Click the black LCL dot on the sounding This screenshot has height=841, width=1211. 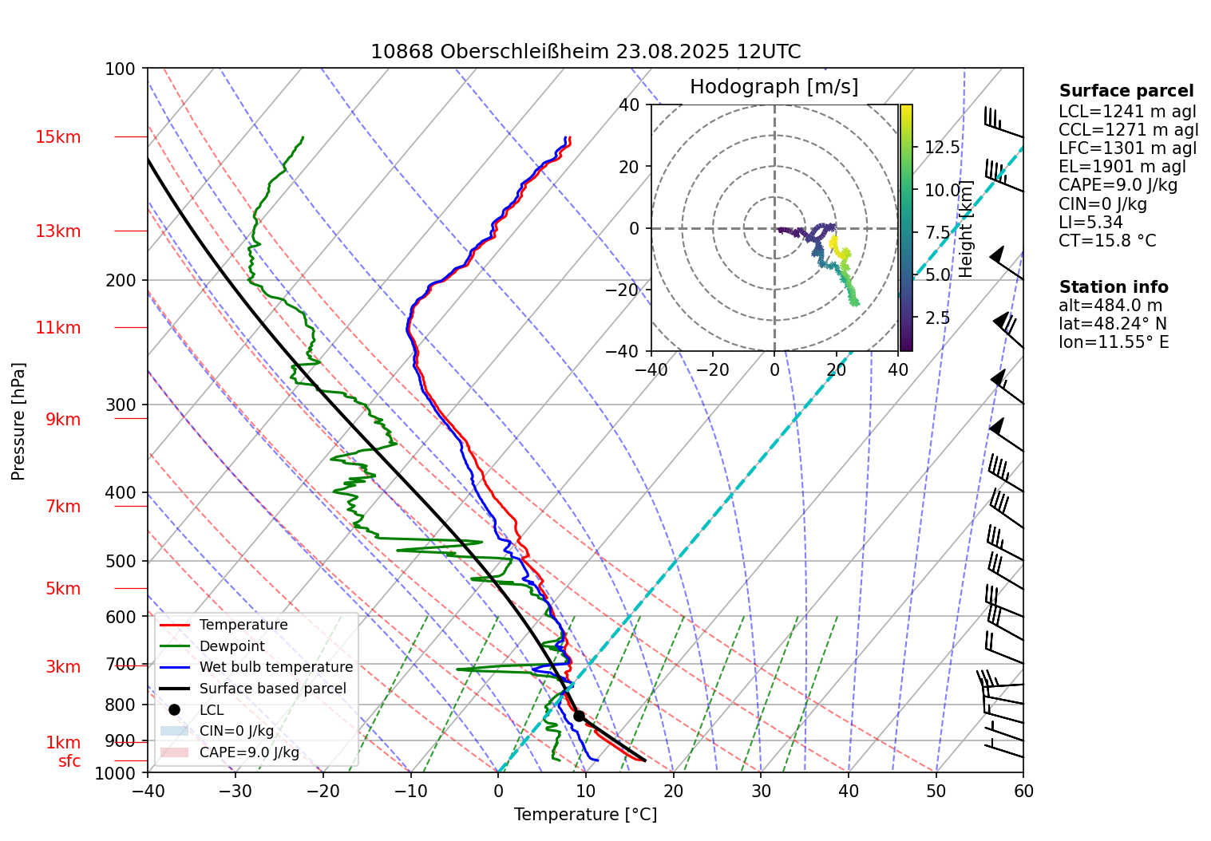coord(579,716)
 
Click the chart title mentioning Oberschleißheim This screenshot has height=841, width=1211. coord(585,52)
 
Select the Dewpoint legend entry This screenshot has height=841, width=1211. coord(232,646)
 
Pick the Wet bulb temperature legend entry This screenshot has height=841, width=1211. coord(275,667)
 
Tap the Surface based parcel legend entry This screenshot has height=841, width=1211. coord(272,689)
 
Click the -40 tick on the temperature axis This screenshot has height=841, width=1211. coord(148,791)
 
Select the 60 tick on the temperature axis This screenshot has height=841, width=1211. coord(1023,791)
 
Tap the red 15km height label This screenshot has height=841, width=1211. coord(57,137)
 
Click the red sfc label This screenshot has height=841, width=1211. coord(69,761)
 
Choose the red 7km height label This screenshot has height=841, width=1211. coord(63,507)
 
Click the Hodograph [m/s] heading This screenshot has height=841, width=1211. coord(774,87)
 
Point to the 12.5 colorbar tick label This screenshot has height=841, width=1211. coord(942,148)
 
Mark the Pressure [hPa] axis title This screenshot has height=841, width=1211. coord(18,421)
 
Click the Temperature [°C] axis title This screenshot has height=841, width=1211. coord(585,815)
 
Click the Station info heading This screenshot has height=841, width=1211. coord(1113,287)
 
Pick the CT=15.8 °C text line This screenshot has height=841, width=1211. coord(1106,241)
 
